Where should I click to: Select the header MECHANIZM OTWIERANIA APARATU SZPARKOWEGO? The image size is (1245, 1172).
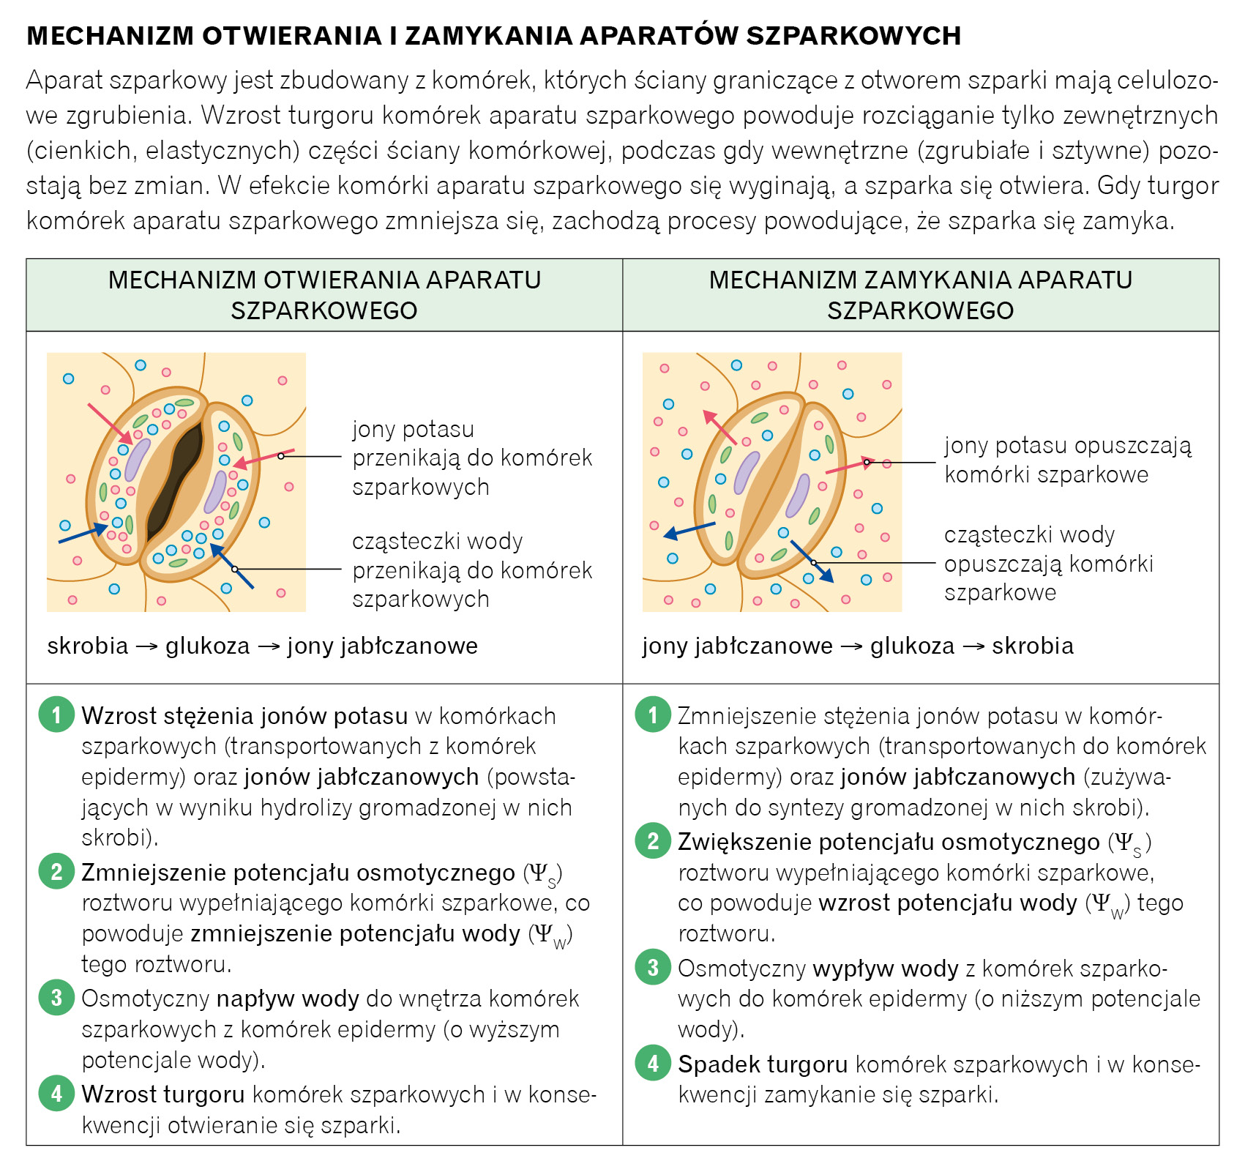click(x=324, y=295)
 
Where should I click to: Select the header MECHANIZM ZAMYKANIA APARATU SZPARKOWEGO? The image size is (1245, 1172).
click(x=920, y=295)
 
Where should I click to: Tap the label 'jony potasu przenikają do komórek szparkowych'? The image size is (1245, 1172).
click(x=471, y=458)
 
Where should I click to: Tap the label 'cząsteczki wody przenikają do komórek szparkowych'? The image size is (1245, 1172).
click(x=471, y=570)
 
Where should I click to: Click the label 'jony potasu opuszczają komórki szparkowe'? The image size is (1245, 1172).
click(x=1067, y=460)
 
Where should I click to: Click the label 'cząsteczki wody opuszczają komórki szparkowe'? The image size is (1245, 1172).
click(x=1048, y=563)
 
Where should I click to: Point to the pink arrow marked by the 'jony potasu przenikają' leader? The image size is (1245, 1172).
click(x=263, y=458)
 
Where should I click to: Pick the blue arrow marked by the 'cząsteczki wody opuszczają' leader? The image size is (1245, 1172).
click(x=812, y=561)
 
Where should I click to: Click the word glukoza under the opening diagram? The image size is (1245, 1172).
click(x=208, y=646)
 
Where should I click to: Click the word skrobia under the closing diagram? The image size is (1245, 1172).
click(x=1033, y=646)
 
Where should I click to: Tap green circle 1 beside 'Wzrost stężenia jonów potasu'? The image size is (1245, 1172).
click(x=56, y=714)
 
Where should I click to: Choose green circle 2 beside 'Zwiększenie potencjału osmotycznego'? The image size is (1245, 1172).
click(x=653, y=841)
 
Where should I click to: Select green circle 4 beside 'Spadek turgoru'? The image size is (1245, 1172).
click(x=653, y=1063)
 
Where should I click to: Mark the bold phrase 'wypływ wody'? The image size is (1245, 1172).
click(x=886, y=968)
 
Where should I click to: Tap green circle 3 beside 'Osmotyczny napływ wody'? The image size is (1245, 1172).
click(x=56, y=998)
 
